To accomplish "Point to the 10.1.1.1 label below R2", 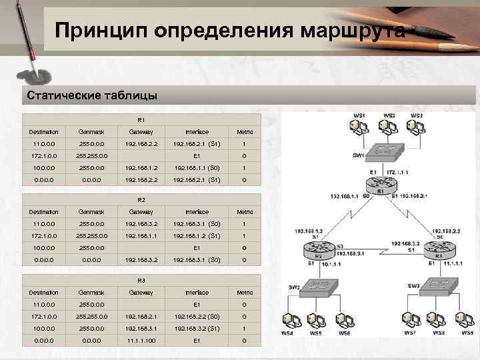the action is coord(331,265).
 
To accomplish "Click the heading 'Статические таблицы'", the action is coord(92,95).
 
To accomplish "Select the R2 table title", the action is coord(141,199).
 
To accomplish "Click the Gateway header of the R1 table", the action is coord(141,131).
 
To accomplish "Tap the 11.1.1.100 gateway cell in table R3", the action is coord(141,341).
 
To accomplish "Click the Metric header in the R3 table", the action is coord(243,292).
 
